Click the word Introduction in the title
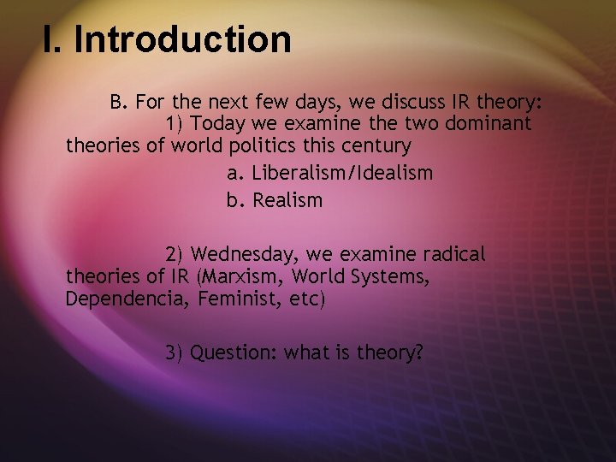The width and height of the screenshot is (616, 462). tap(182, 39)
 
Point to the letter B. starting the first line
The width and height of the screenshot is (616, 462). tap(118, 102)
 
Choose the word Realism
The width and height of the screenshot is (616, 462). tap(287, 201)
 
